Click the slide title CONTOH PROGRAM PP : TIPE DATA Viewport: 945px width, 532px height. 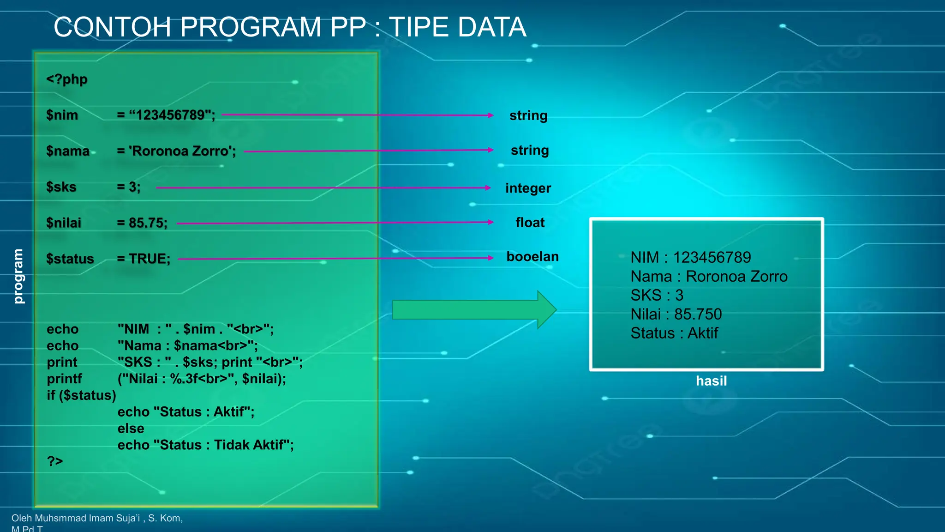click(290, 27)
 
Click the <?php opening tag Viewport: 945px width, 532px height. click(66, 79)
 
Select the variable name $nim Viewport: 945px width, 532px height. click(62, 115)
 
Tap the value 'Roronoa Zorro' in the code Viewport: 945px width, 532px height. click(182, 151)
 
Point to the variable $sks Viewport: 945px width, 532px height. click(61, 187)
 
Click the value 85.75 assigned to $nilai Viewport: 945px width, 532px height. click(147, 223)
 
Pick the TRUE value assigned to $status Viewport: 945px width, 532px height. click(149, 259)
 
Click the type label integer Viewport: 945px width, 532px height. click(528, 188)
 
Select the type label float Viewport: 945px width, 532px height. click(530, 223)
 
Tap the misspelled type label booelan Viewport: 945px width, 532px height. click(532, 256)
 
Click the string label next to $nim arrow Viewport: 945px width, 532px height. click(528, 115)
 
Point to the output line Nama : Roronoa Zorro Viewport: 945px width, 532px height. click(709, 276)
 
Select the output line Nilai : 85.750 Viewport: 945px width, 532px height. click(676, 314)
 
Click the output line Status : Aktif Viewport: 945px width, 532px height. click(674, 333)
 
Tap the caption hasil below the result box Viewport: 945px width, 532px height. click(711, 381)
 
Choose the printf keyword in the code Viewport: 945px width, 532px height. click(64, 379)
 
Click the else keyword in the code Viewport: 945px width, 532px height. click(131, 428)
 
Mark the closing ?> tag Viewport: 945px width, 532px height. click(55, 461)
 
